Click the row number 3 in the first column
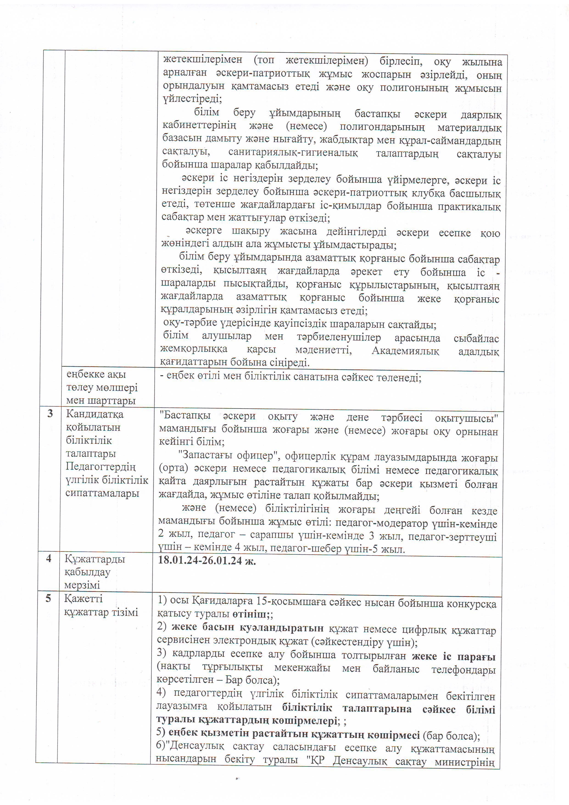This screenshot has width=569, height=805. pyautogui.click(x=50, y=414)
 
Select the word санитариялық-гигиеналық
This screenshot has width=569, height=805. pyautogui.click(x=293, y=153)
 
